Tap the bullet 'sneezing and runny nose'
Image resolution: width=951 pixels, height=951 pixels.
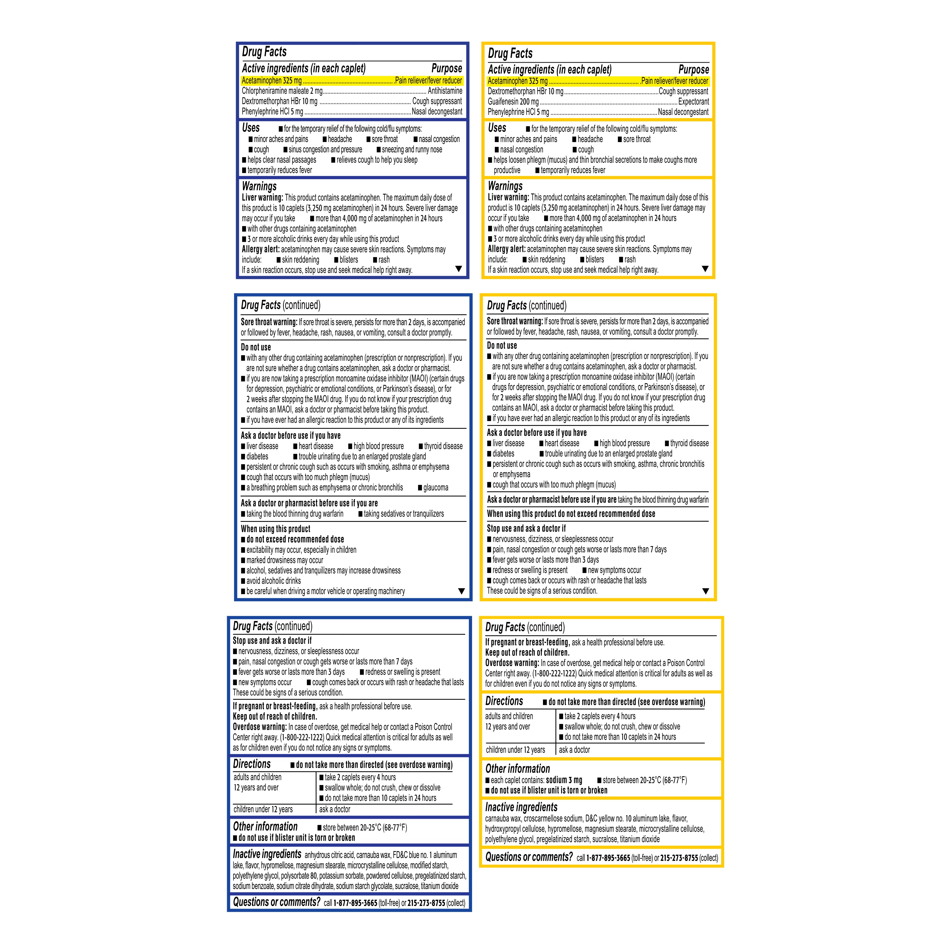point(412,150)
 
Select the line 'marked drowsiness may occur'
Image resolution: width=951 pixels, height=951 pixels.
point(284,560)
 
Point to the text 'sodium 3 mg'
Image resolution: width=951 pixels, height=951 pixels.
point(564,780)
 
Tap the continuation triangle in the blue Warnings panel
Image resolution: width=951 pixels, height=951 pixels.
point(458,269)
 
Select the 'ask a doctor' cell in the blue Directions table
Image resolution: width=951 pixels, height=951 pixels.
point(334,809)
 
